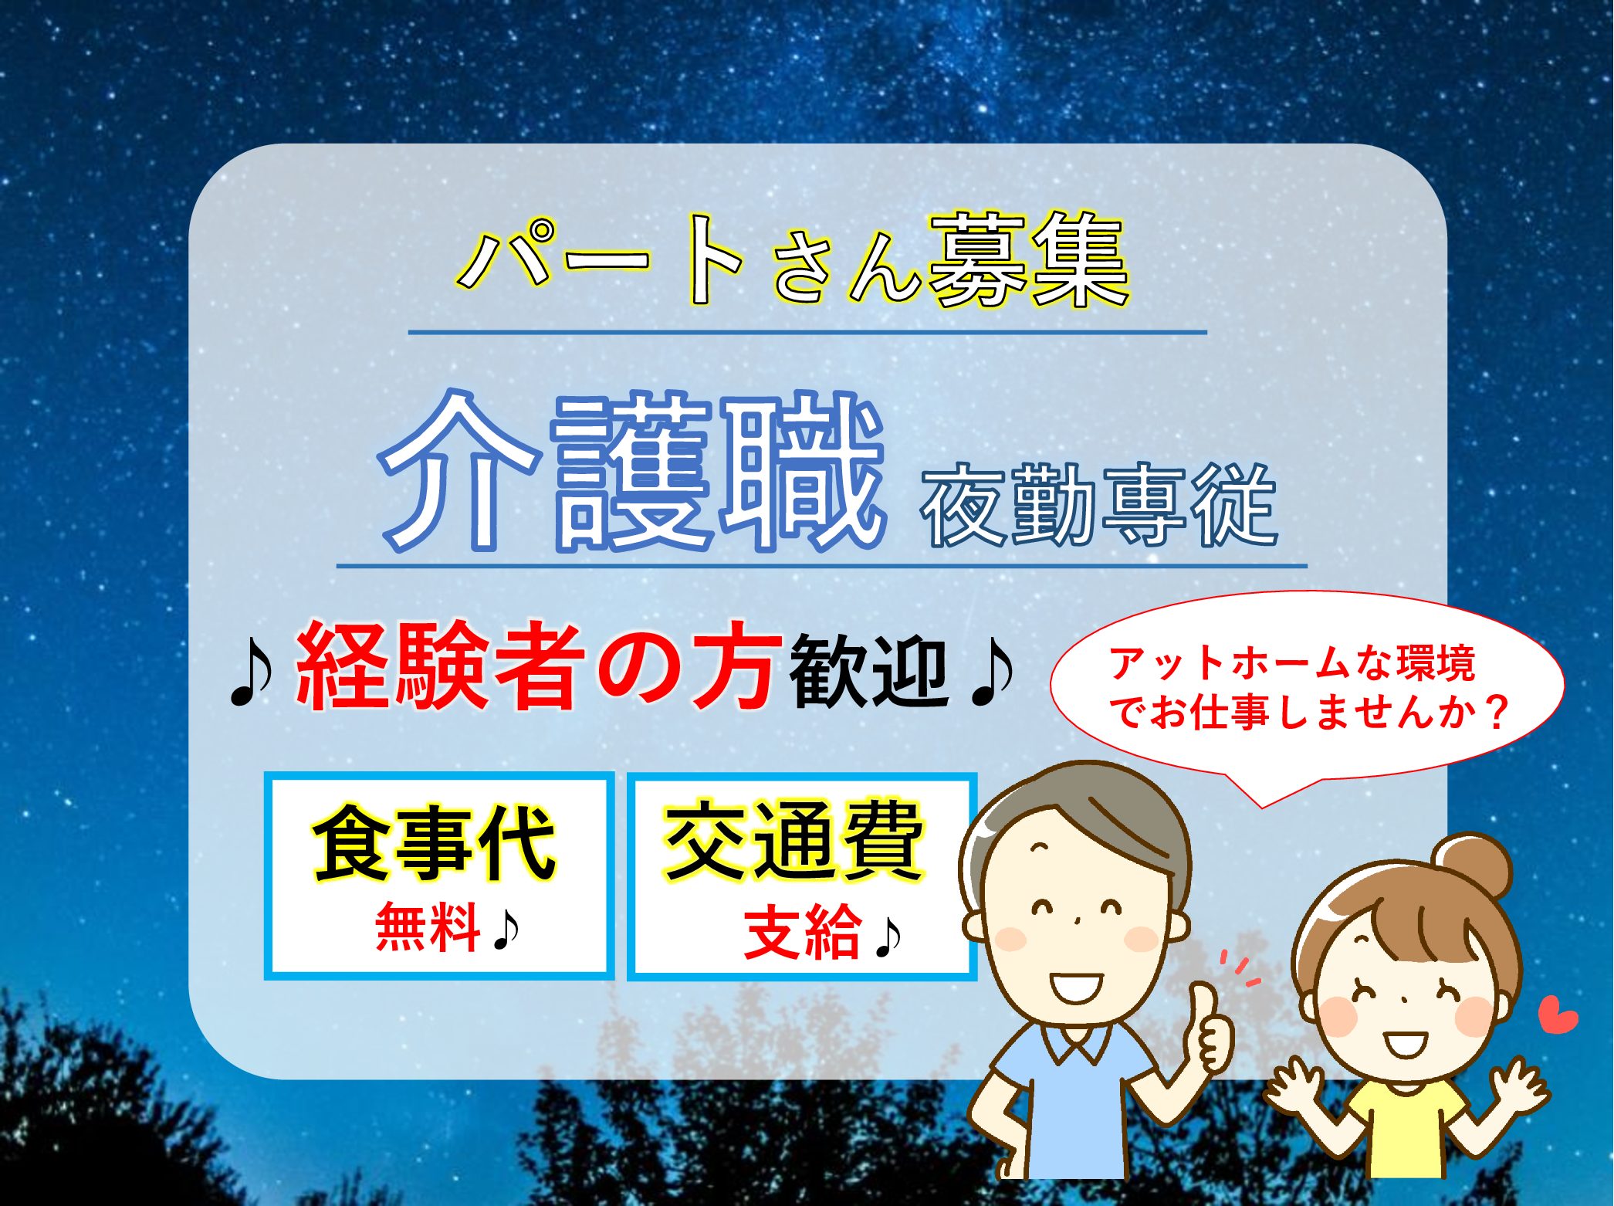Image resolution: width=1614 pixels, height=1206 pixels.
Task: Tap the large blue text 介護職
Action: tap(631, 472)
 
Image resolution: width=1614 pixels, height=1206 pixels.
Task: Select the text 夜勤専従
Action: tap(1098, 505)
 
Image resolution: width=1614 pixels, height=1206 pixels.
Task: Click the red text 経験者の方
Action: tap(536, 665)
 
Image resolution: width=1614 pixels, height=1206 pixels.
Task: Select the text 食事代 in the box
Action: tap(434, 842)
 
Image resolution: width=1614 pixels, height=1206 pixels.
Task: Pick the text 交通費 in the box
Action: tap(794, 840)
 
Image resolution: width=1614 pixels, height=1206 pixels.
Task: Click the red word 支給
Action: tap(803, 932)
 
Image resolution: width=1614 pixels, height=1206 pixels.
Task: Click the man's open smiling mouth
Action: tap(1075, 985)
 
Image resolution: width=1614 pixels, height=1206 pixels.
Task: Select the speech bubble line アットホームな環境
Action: tap(1292, 663)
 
